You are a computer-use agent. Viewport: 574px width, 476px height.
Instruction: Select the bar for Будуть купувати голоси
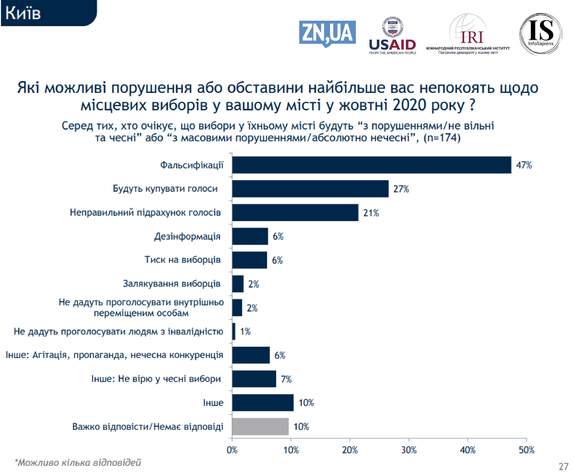point(310,188)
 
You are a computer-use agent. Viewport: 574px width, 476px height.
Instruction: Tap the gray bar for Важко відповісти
point(260,426)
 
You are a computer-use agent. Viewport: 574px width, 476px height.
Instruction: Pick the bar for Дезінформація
point(250,236)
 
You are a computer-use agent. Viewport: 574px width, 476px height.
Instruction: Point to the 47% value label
point(523,165)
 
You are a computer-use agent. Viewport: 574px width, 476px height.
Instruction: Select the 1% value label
point(245,331)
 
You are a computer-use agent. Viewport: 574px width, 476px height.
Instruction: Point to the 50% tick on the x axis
point(526,450)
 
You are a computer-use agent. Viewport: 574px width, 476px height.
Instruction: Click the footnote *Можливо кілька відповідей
point(78,462)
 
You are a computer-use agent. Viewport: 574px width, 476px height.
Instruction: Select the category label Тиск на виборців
point(182,259)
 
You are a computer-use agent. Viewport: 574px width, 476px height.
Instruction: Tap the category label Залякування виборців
point(171,283)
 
